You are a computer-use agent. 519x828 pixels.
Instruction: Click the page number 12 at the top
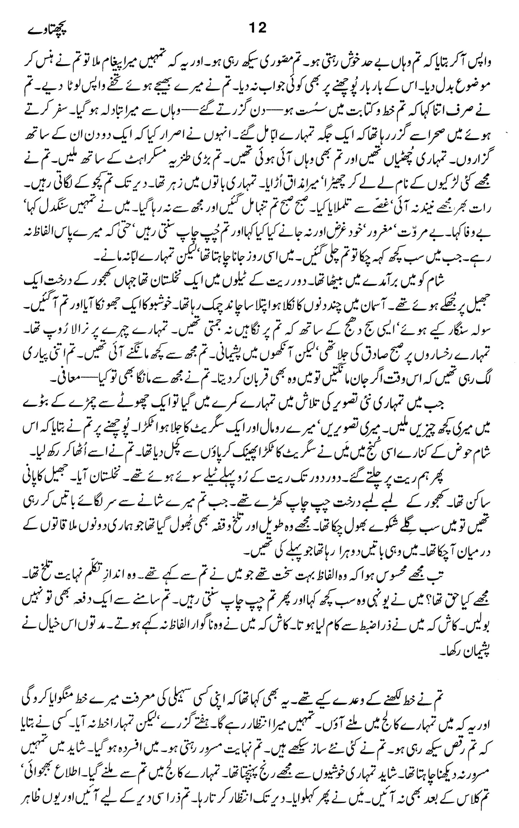tap(257, 28)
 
